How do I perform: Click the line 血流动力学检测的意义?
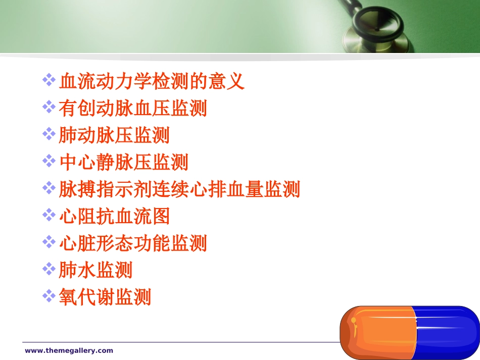[152, 81]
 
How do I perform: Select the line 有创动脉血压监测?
[133, 109]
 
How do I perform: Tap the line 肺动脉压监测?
[114, 135]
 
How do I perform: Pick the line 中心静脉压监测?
[123, 163]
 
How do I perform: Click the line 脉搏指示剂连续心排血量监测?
[179, 190]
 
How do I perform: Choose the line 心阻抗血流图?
[114, 217]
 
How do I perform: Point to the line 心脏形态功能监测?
[133, 243]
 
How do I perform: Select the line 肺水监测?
[95, 270]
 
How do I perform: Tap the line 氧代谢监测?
[105, 297]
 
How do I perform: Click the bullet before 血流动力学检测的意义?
[49, 80]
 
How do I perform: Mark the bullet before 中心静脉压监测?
[49, 161]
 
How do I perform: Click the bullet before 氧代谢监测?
[49, 295]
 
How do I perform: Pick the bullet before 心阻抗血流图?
[49, 215]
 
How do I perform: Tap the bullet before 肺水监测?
[49, 269]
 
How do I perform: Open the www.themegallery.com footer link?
[69, 350]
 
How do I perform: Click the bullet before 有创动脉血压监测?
[49, 107]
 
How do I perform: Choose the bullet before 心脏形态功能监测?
[49, 242]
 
